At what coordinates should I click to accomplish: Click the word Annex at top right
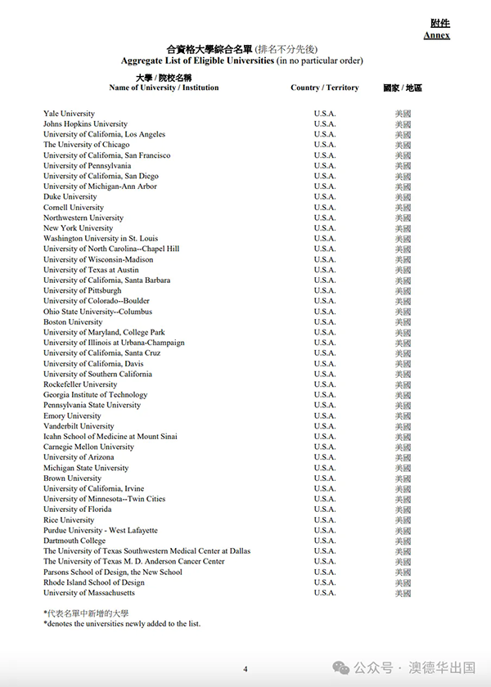click(436, 35)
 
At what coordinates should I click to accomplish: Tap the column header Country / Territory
click(324, 88)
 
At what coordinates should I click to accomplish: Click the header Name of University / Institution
click(164, 88)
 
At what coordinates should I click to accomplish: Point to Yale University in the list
click(69, 114)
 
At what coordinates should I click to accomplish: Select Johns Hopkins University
click(85, 124)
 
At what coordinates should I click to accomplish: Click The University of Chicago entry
click(86, 145)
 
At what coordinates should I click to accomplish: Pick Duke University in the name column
click(70, 197)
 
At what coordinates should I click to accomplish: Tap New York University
click(78, 228)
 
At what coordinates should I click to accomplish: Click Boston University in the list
click(73, 322)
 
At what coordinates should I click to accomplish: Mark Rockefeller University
click(80, 384)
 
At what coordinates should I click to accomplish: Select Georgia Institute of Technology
click(95, 395)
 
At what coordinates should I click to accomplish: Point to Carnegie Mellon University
click(88, 447)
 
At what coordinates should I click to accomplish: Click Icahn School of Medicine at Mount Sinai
click(110, 437)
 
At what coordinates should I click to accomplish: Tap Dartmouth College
click(74, 541)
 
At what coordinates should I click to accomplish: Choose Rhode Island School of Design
click(93, 582)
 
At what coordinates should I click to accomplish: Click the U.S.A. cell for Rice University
click(324, 520)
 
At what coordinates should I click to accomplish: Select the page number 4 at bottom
click(245, 670)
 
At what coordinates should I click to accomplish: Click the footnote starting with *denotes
click(122, 624)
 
